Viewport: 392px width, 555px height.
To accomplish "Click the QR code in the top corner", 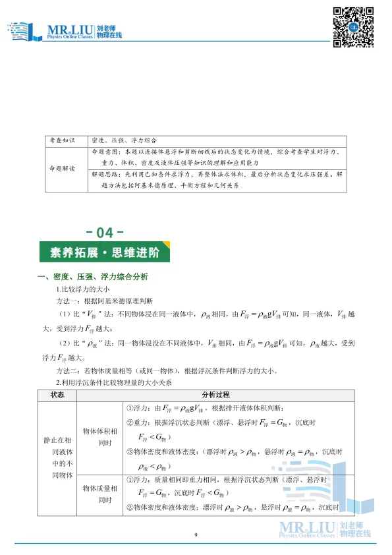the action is tap(352, 27).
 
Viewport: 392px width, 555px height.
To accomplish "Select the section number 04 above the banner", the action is tap(105, 233).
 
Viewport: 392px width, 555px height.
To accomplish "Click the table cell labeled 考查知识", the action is tap(63, 140).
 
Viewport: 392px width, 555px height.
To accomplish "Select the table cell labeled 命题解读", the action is tap(63, 169).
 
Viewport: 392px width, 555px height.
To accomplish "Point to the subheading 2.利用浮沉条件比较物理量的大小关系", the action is tap(114, 382).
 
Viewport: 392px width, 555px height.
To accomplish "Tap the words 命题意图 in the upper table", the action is tap(103, 152).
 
